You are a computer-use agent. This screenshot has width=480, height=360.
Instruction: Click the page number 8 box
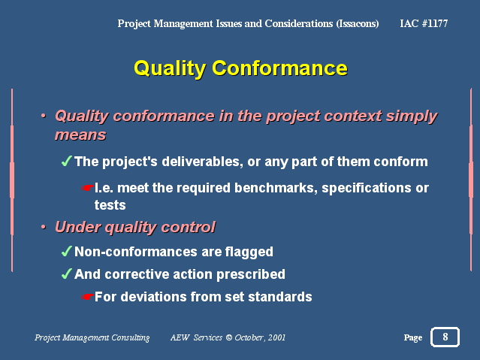click(445, 337)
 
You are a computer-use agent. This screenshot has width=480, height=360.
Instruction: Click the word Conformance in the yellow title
click(279, 68)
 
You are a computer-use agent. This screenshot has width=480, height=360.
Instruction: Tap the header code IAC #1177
click(424, 23)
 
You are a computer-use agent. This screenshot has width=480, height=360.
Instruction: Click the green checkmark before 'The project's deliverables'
click(67, 161)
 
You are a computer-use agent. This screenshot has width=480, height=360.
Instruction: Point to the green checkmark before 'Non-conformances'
click(67, 251)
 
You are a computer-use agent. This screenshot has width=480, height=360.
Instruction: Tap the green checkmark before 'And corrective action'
click(67, 274)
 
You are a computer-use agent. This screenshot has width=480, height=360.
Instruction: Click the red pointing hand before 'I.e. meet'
click(88, 187)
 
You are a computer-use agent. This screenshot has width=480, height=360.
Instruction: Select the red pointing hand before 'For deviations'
click(88, 297)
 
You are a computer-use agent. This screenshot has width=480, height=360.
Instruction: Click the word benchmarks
click(276, 188)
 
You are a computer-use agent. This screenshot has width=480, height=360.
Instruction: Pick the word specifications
click(367, 188)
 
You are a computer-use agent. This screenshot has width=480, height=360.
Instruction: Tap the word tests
click(110, 205)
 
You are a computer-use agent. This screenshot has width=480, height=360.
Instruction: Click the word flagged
click(249, 253)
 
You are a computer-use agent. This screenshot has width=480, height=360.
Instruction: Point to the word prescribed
click(251, 274)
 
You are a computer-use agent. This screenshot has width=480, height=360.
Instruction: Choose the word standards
click(280, 297)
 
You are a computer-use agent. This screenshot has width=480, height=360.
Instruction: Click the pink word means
click(80, 135)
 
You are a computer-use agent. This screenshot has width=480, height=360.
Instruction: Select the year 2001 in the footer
click(276, 337)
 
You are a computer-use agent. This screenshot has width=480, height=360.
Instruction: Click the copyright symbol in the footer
click(228, 337)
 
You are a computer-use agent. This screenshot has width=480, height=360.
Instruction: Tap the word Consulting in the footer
click(131, 337)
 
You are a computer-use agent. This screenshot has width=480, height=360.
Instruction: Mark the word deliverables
click(202, 162)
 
